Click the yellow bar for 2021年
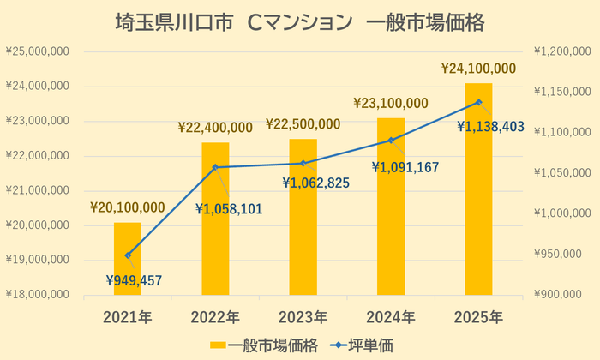pyautogui.click(x=128, y=259)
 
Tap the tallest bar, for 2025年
pyautogui.click(x=478, y=189)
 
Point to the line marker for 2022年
pyautogui.click(x=215, y=167)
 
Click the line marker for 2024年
pyautogui.click(x=391, y=140)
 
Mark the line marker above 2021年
pyautogui.click(x=128, y=255)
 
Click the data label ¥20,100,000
pyautogui.click(x=128, y=207)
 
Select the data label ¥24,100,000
pyautogui.click(x=478, y=68)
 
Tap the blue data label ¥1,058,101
pyautogui.click(x=229, y=208)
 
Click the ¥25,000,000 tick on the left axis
pyautogui.click(x=38, y=51)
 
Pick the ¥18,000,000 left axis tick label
pyautogui.click(x=38, y=295)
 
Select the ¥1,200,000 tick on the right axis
pyautogui.click(x=561, y=51)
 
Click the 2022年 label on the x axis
pyautogui.click(x=215, y=318)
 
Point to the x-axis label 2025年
pyautogui.click(x=478, y=318)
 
